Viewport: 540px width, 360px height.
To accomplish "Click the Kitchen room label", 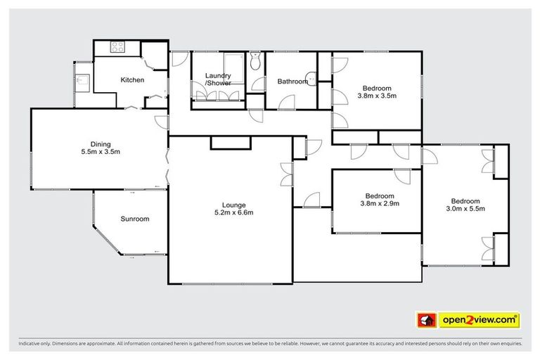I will [132, 79].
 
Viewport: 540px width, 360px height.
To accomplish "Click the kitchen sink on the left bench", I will [83, 80].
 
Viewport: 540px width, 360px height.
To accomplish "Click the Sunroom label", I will [134, 219].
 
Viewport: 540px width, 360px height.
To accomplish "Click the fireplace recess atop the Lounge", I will [231, 143].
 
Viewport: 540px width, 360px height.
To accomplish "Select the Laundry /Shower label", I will [218, 79].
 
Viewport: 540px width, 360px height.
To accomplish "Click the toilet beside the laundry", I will [255, 63].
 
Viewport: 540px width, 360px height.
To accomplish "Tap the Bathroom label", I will [292, 82].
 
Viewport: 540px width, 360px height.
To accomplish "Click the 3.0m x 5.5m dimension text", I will [465, 208].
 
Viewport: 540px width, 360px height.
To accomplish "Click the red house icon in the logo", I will [426, 321].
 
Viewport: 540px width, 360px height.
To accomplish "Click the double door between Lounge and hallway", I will [286, 169].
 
